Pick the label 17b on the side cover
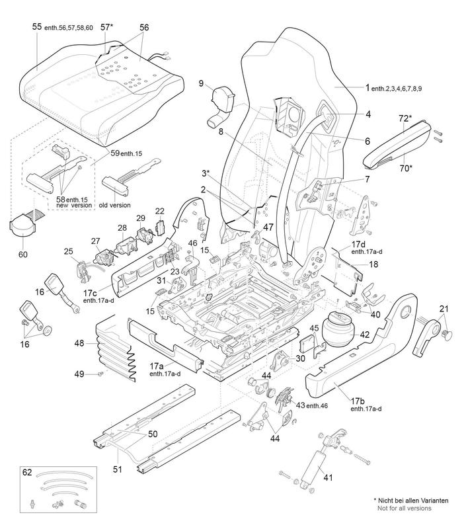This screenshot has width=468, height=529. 358,401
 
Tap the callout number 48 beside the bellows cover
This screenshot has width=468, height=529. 79,343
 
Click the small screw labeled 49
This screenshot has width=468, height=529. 102,374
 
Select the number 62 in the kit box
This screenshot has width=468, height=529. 26,473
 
